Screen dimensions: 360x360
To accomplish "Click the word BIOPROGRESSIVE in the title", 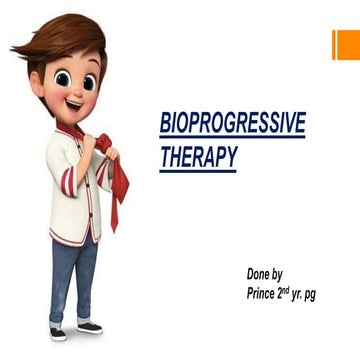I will (x=232, y=123).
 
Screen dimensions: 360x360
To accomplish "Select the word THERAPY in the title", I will (x=198, y=157).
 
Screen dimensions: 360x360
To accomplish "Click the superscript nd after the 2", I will (x=298, y=289).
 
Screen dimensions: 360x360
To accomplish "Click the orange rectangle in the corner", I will (x=346, y=43).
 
